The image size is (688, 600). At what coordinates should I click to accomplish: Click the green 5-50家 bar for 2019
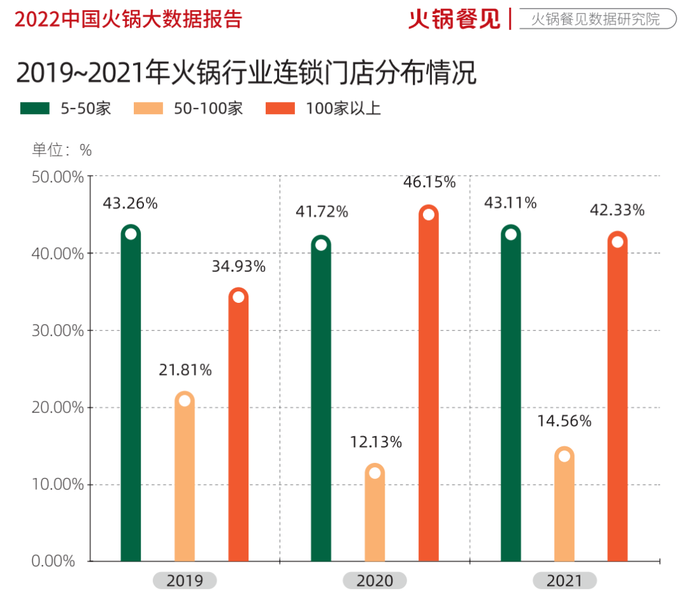tap(131, 395)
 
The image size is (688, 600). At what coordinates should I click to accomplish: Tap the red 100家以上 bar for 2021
tap(617, 402)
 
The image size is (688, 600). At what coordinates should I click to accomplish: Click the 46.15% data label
tap(429, 182)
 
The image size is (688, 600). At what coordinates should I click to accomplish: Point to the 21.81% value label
tap(185, 370)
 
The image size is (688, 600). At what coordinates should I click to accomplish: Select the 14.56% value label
tap(565, 421)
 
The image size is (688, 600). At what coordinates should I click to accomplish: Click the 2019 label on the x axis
tap(185, 581)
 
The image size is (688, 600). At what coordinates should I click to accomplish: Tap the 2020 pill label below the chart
tap(375, 581)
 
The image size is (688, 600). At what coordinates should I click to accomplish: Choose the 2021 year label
tap(564, 581)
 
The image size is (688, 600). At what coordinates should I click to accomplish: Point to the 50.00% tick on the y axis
tap(58, 177)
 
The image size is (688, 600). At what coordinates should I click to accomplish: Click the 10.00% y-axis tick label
tap(58, 485)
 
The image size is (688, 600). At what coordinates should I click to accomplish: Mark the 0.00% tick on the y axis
tap(54, 562)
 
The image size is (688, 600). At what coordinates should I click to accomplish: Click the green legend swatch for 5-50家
tap(34, 108)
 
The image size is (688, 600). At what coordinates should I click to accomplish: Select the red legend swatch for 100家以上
tap(280, 108)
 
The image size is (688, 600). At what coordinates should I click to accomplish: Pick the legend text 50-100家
tap(208, 108)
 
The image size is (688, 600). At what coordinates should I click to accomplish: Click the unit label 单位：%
tap(62, 150)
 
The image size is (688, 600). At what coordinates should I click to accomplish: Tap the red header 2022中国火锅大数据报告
tap(128, 19)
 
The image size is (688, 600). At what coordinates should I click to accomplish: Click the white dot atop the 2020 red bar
tap(428, 215)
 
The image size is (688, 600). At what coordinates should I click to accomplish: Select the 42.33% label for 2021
tap(618, 210)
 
